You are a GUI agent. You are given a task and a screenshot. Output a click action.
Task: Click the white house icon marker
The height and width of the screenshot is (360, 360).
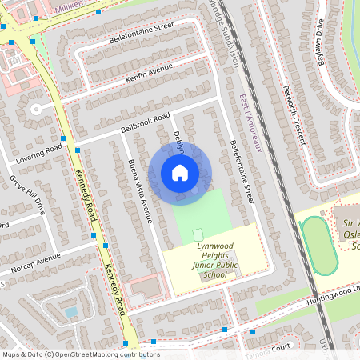pos(180,172)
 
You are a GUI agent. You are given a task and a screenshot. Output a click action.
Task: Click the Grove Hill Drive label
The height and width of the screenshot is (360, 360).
pos(27,194)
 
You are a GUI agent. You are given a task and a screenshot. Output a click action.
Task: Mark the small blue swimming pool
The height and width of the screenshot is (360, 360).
pos(70,312)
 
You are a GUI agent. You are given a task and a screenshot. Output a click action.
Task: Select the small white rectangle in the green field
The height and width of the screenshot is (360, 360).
pos(198,234)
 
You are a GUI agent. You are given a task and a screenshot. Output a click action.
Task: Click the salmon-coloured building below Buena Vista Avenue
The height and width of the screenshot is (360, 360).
pos(144,287)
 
